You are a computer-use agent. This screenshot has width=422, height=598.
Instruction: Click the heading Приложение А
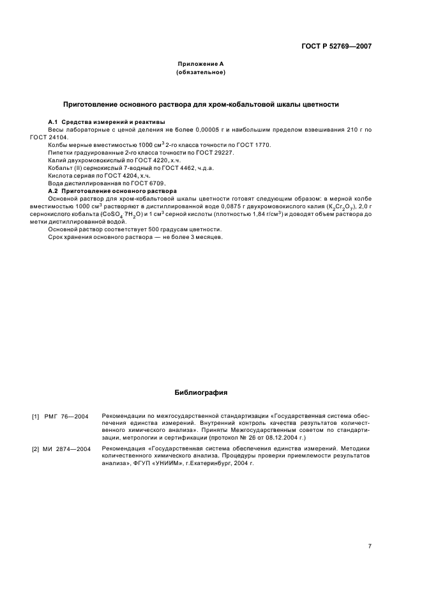pyautogui.click(x=200, y=64)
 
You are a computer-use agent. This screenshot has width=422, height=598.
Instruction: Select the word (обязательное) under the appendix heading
pyautogui.click(x=200, y=72)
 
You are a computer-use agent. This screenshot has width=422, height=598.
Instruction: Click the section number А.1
pyautogui.click(x=54, y=121)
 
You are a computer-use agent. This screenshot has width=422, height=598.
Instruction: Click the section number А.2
pyautogui.click(x=54, y=191)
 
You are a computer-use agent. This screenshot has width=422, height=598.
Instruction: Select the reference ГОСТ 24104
pyautogui.click(x=47, y=137)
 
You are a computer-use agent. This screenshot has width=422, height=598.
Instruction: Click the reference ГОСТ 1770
pyautogui.click(x=255, y=145)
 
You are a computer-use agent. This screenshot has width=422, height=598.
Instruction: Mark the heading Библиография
pyautogui.click(x=200, y=392)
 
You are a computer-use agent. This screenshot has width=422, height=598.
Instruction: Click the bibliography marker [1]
pyautogui.click(x=36, y=417)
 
